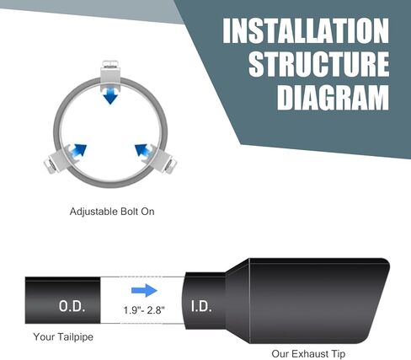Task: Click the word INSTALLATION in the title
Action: click(x=306, y=30)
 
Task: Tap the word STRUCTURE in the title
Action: click(x=319, y=64)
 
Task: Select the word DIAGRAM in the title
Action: click(x=333, y=97)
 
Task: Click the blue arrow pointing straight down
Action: click(x=110, y=96)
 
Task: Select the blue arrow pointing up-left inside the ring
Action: click(x=143, y=151)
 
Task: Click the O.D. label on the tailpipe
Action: click(x=72, y=306)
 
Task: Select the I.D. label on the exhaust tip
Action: click(x=201, y=306)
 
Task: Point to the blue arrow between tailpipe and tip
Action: click(x=144, y=290)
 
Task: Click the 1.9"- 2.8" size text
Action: click(x=144, y=310)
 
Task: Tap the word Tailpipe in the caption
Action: click(x=75, y=337)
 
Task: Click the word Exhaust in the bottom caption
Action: click(x=309, y=353)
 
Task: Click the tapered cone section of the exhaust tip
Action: click(x=238, y=301)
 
